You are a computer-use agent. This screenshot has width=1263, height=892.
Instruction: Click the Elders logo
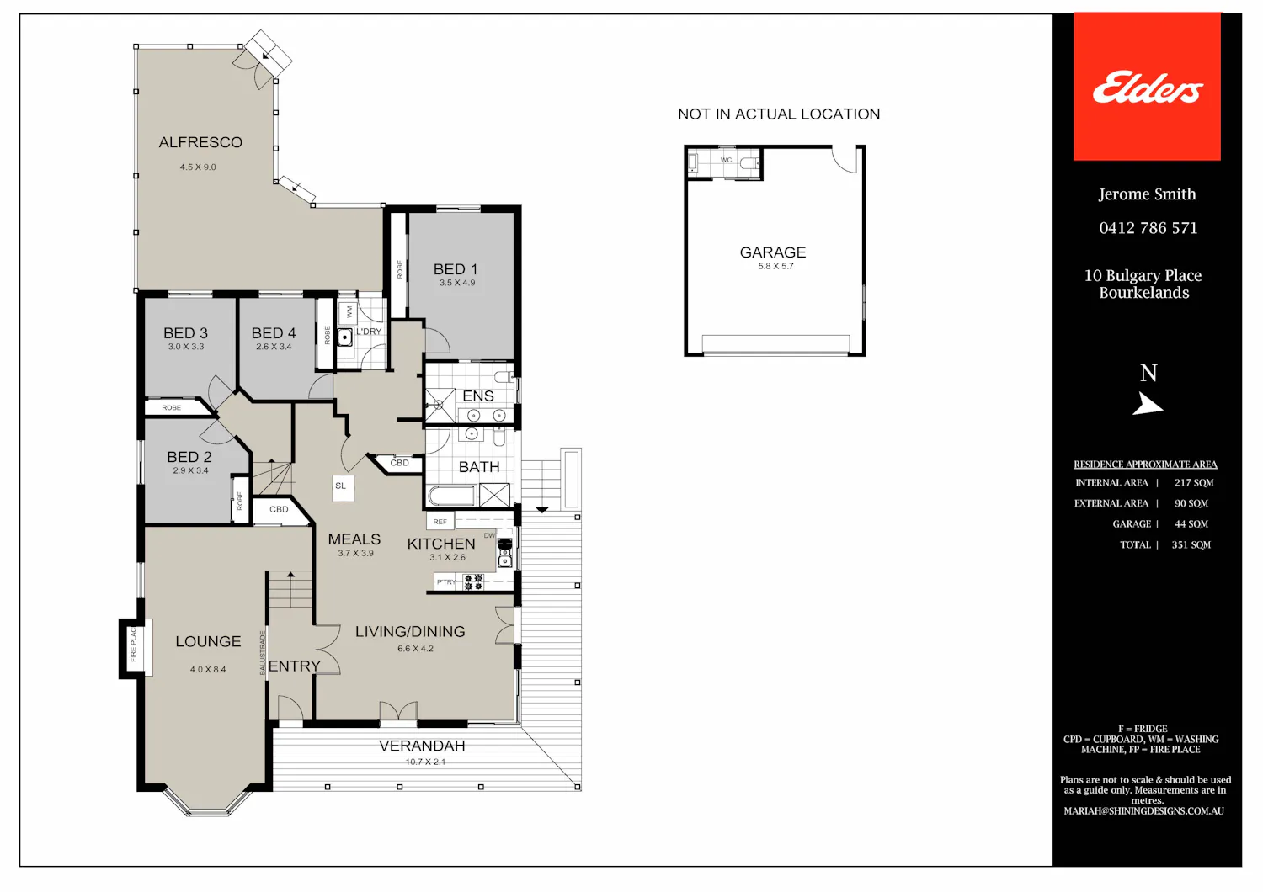click(x=1148, y=87)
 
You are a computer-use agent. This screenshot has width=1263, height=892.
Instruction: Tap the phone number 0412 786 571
click(x=1148, y=228)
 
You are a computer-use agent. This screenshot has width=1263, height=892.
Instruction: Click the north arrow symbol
click(x=1148, y=404)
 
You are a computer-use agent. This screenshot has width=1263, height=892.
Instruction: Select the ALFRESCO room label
click(x=200, y=142)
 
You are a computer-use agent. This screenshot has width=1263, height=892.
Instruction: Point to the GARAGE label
click(x=772, y=252)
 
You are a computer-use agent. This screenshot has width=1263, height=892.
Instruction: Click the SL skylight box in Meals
click(x=343, y=488)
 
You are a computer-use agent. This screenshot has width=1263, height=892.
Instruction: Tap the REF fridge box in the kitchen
click(x=440, y=521)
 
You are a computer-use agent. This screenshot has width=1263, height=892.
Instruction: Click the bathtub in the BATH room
click(x=452, y=496)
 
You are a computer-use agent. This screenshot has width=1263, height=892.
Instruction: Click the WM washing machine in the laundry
click(x=349, y=311)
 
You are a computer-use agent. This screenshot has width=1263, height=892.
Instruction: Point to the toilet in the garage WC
click(x=749, y=163)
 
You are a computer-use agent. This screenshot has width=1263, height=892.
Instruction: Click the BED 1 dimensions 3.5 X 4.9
click(x=457, y=283)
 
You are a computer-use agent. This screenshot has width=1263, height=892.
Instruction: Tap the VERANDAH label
click(x=423, y=746)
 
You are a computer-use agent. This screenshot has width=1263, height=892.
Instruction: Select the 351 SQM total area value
click(x=1191, y=545)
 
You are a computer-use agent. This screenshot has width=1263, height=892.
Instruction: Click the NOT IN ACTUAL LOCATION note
click(x=779, y=114)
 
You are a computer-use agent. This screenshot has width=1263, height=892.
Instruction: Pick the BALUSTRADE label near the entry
click(x=262, y=653)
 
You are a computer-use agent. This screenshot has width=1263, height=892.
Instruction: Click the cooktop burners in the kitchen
click(x=473, y=582)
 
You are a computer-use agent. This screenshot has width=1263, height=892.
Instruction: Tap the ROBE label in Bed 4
click(x=327, y=335)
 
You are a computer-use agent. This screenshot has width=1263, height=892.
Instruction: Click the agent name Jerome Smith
click(x=1147, y=194)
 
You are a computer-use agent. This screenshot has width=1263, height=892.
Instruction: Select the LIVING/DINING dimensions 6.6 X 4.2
click(x=416, y=649)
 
